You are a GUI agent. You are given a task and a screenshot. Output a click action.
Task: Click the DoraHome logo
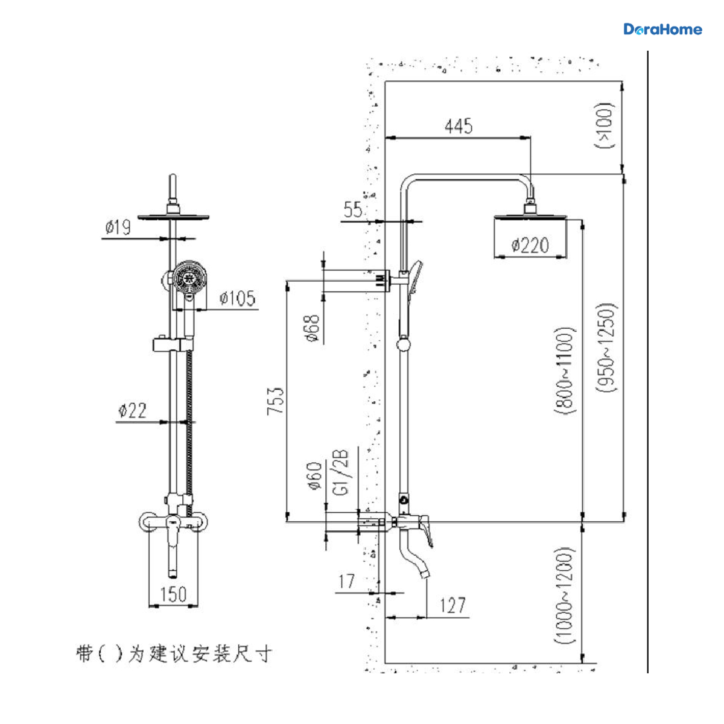662,30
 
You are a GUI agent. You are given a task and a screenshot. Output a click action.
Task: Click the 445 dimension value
459,126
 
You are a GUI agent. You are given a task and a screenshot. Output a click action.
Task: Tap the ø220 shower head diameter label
530,246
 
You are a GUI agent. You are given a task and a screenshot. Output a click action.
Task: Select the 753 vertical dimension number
275,401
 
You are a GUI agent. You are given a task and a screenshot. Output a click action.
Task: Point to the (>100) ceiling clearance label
605,125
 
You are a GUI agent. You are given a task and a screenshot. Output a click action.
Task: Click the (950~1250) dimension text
607,348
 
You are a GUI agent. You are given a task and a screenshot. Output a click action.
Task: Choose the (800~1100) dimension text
565,370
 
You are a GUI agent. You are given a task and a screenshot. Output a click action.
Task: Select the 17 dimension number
346,581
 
